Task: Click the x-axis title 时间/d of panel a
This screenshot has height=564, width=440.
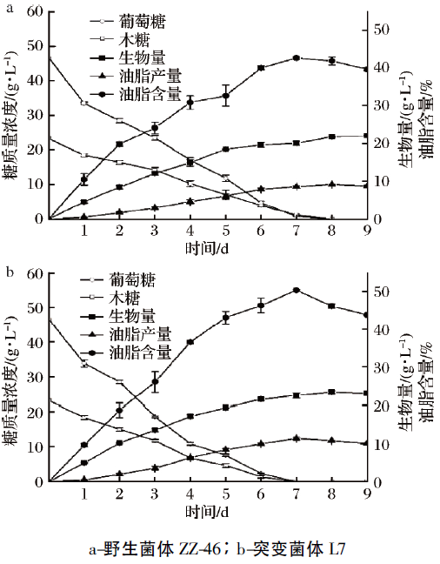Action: click(x=207, y=250)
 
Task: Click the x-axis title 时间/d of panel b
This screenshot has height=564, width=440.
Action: click(x=207, y=512)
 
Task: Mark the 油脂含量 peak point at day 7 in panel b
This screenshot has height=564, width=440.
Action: click(x=296, y=290)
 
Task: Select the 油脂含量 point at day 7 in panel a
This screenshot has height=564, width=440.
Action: click(x=296, y=58)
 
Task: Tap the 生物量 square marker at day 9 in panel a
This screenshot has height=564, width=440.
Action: click(x=366, y=136)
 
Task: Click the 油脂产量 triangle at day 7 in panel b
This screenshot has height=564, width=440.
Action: click(x=296, y=439)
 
